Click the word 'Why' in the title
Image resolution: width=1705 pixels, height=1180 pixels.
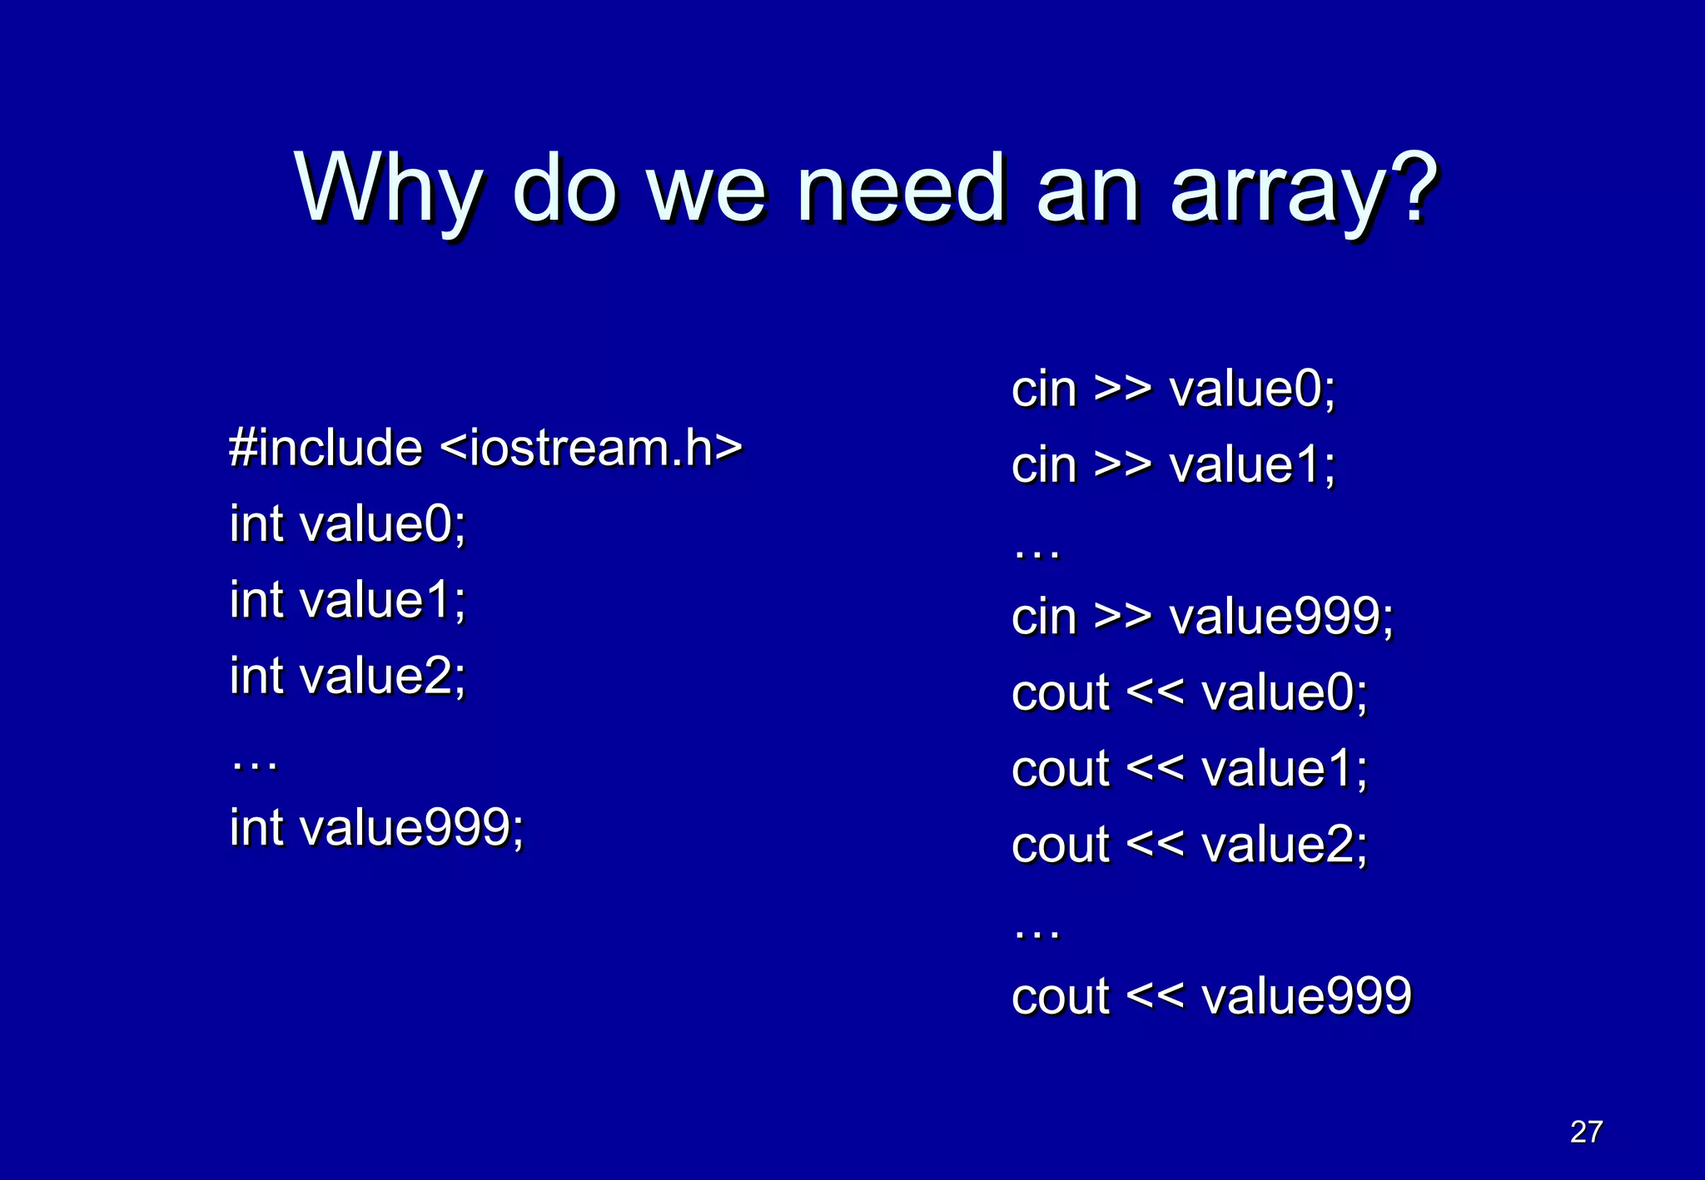pyautogui.click(x=388, y=189)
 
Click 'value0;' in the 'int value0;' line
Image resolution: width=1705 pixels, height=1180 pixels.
pyautogui.click(x=382, y=524)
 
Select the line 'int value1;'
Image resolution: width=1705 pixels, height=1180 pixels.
pyautogui.click(x=347, y=600)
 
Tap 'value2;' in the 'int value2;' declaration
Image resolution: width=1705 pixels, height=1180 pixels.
pyautogui.click(x=382, y=676)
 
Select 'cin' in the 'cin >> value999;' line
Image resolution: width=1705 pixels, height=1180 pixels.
pyautogui.click(x=1044, y=617)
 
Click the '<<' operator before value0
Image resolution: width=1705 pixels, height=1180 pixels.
pyautogui.click(x=1155, y=692)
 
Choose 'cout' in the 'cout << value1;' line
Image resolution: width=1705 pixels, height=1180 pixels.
pyautogui.click(x=1060, y=768)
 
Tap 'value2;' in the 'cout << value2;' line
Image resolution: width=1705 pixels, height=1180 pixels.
pyautogui.click(x=1285, y=845)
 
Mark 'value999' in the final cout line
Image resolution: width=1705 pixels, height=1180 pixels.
pyautogui.click(x=1306, y=996)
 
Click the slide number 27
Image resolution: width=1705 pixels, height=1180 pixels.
pyautogui.click(x=1586, y=1132)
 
